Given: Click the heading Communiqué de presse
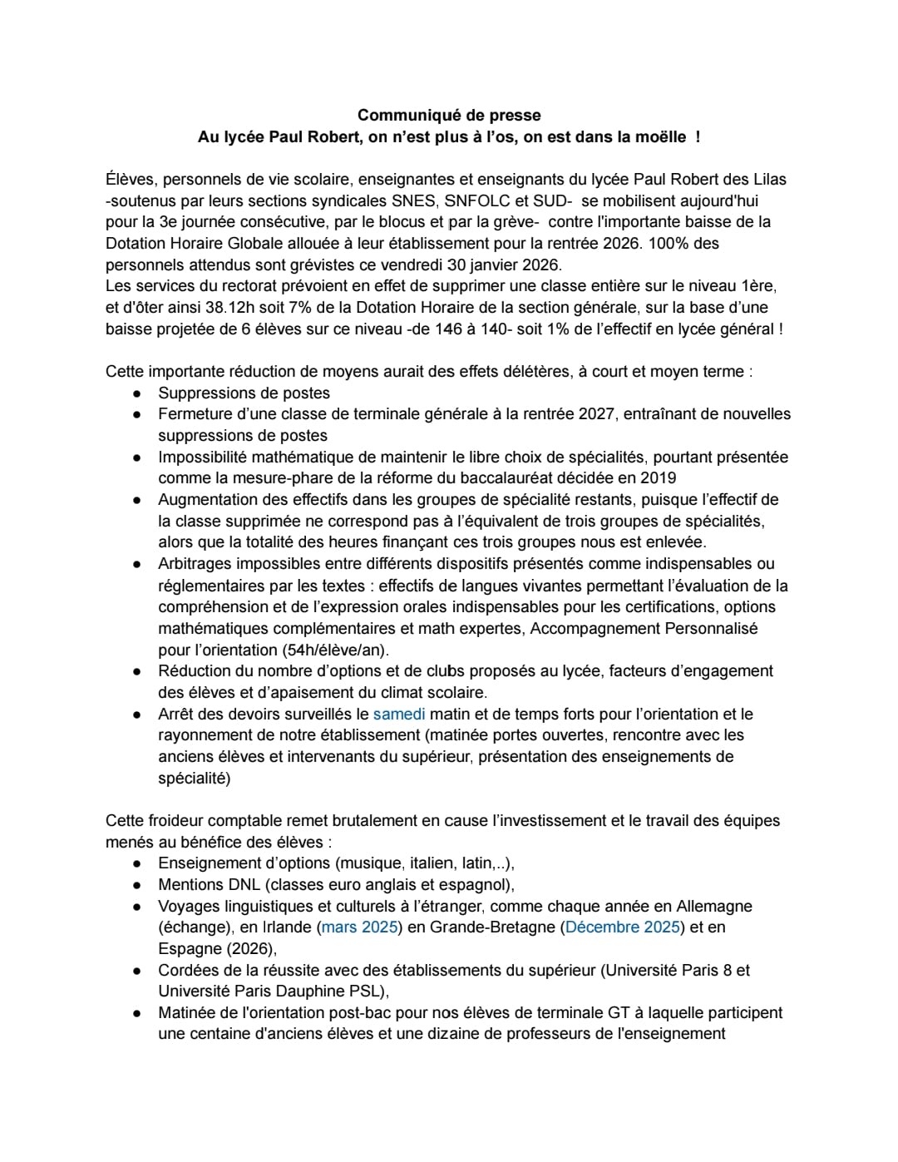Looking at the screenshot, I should [x=449, y=115].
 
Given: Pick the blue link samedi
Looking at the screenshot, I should [x=399, y=714].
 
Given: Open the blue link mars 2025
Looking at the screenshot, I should [x=359, y=927].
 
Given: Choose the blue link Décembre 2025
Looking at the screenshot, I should [x=622, y=927].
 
